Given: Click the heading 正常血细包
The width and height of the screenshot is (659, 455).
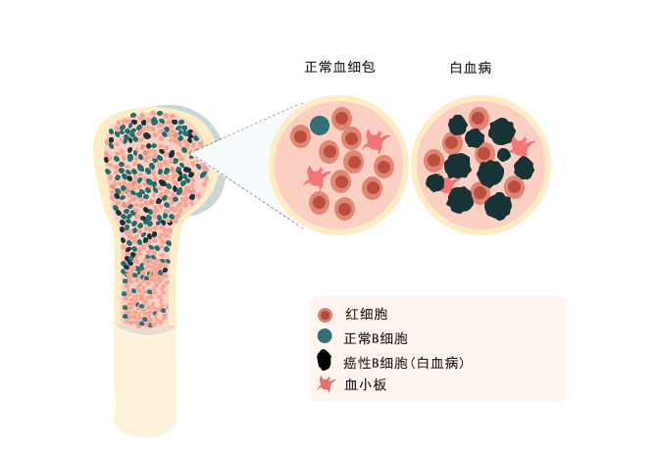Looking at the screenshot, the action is pos(340,68).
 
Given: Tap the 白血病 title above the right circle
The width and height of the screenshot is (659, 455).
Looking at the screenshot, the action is pos(471,68).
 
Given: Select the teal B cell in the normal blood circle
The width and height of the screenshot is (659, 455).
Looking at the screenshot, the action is pos(320,125).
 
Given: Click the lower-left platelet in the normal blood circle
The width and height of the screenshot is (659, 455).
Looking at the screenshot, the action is pos(316,177).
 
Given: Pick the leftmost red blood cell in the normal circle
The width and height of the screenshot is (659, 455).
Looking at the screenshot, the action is pos(300,137).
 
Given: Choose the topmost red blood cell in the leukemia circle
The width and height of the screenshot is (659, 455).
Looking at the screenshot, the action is pos(479,118).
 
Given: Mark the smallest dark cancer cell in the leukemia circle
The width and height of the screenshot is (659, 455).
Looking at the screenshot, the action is pos(504,154).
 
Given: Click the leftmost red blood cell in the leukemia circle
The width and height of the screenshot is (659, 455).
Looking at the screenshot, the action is pos(433,160).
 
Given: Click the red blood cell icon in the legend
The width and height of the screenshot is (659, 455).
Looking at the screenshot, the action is pos(326,315).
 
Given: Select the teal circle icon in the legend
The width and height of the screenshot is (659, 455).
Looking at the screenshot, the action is pos(326,337).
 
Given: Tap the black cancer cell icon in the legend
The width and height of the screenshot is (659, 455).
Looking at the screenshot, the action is pos(326,361).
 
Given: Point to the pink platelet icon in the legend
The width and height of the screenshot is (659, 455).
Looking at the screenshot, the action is pos(326,384).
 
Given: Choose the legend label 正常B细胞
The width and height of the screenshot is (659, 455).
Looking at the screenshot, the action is pos(377,338).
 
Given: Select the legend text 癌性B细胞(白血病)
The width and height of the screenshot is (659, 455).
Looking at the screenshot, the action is pos(404,362).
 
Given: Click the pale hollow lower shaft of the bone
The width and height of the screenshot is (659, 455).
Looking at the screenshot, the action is pos(145,378).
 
